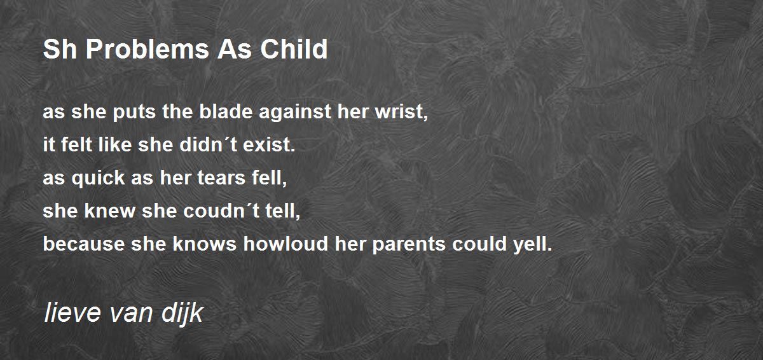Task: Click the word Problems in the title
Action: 147,49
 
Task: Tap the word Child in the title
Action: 294,49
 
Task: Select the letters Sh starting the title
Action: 60,49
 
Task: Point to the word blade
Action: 226,111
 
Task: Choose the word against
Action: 295,113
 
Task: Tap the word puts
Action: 134,113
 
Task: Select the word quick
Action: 98,179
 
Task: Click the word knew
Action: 109,211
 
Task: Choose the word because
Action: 84,244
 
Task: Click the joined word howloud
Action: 285,244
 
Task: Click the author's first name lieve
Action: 72,313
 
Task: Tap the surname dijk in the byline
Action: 182,314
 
